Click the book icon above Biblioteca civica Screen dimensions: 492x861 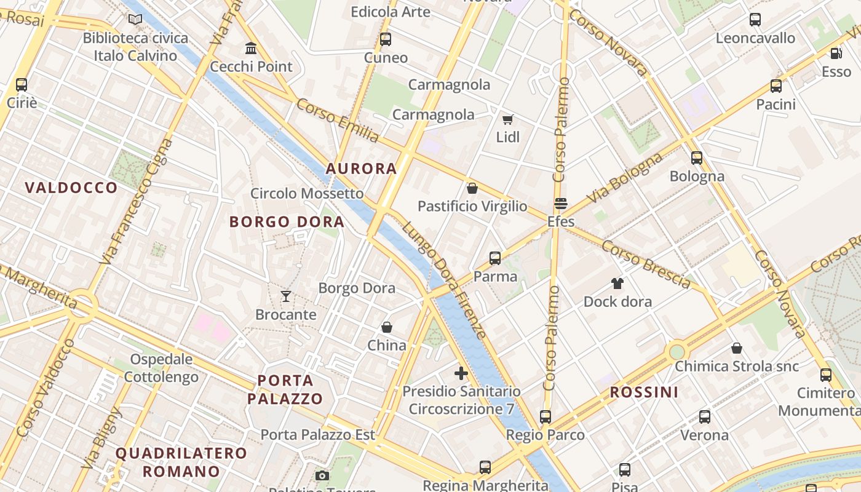click(x=135, y=19)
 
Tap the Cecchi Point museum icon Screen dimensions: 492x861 click(x=251, y=47)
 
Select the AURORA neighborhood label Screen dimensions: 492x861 click(x=361, y=169)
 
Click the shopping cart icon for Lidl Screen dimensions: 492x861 click(x=507, y=119)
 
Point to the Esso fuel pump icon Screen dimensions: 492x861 click(x=836, y=54)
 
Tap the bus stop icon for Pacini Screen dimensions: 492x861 click(x=776, y=86)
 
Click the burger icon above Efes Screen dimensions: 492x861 click(x=560, y=204)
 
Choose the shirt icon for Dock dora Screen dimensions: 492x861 click(x=617, y=284)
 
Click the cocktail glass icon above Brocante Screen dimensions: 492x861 click(x=285, y=296)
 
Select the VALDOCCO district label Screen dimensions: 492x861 click(x=71, y=188)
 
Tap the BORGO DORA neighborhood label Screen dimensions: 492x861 click(x=287, y=222)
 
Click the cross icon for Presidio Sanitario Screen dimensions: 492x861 click(x=461, y=373)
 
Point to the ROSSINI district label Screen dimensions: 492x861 click(x=644, y=392)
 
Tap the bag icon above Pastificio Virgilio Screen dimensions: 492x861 click(x=472, y=188)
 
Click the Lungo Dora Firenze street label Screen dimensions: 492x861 click(x=444, y=280)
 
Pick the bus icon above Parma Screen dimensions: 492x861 click(x=495, y=258)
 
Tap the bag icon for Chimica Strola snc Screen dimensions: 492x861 click(x=736, y=349)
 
